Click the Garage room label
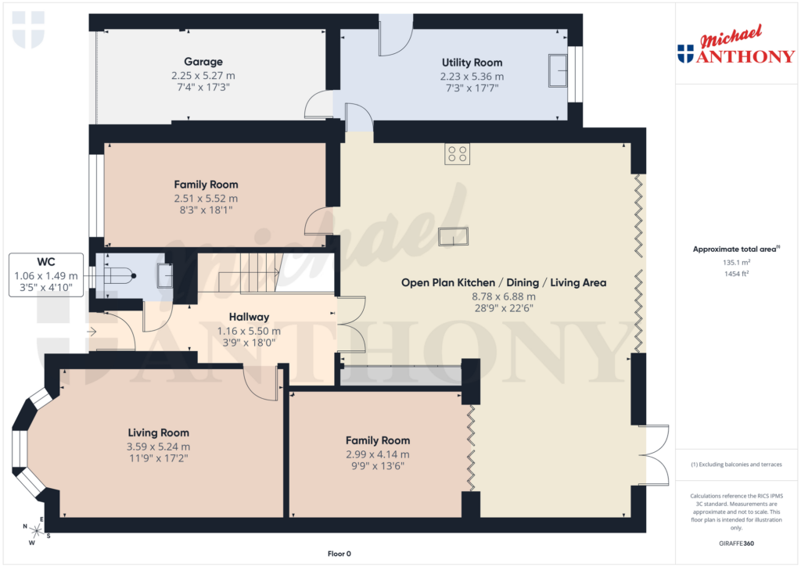tap(203, 62)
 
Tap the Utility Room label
tap(472, 63)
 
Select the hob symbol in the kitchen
tap(457, 155)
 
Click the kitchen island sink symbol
tap(454, 235)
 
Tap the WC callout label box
tap(46, 275)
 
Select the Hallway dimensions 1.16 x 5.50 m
tap(249, 332)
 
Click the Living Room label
tap(159, 432)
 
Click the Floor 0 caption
tap(339, 554)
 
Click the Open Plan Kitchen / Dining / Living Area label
tap(503, 282)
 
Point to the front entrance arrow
tap(92, 332)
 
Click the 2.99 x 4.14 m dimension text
tap(378, 454)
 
